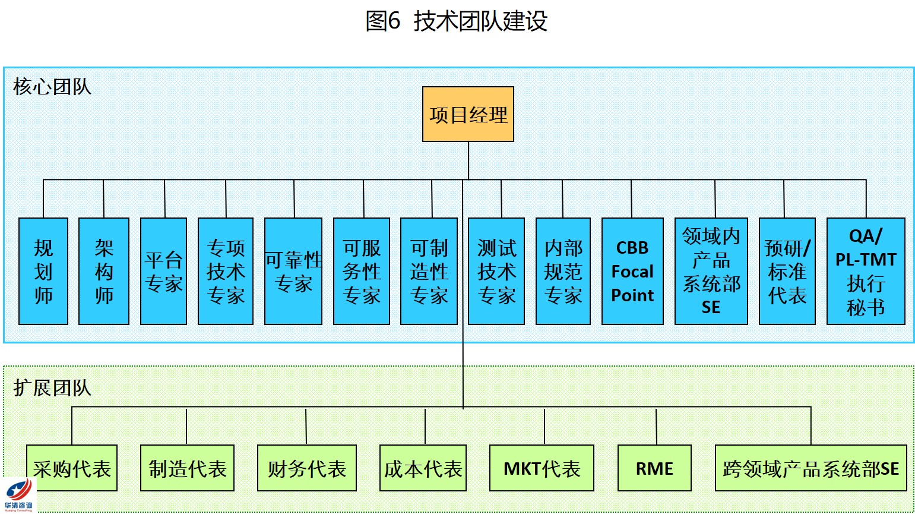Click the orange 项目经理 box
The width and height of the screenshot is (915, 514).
(x=468, y=114)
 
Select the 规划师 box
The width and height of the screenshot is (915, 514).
(x=43, y=271)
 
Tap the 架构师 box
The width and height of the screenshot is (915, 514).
(x=104, y=271)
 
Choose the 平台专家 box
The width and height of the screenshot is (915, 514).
(x=163, y=271)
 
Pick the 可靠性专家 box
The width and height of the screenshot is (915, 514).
(x=293, y=271)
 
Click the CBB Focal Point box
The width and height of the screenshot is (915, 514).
(x=632, y=271)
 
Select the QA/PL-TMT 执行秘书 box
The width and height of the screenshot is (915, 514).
(x=866, y=271)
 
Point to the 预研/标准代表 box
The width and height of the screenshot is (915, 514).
(x=787, y=271)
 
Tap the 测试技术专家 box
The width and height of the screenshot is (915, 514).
(x=496, y=271)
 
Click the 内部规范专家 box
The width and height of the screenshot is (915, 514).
(x=563, y=271)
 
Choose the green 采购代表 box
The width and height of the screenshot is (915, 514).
(x=72, y=468)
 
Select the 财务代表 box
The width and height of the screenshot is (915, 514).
(x=307, y=468)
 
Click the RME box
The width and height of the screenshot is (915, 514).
(x=654, y=468)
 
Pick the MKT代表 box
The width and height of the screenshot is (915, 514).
(x=542, y=468)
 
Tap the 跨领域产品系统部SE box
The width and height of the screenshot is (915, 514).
(x=811, y=468)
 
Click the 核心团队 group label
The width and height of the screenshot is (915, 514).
(x=52, y=87)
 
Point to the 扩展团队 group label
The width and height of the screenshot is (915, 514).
(x=52, y=387)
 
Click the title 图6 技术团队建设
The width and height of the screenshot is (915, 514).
(x=456, y=21)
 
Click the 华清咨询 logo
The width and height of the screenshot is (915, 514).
(x=18, y=495)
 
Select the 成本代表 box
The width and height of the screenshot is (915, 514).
(x=423, y=468)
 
